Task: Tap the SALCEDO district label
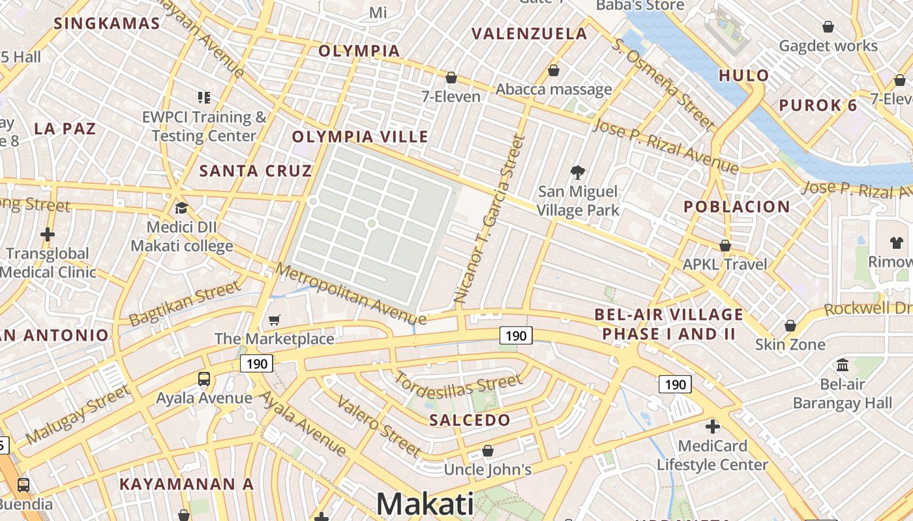(470, 420)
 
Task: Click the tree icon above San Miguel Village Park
(577, 173)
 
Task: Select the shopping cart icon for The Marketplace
(275, 320)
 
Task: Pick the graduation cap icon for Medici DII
(181, 208)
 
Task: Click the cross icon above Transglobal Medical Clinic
(48, 234)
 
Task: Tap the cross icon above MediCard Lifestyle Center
(713, 427)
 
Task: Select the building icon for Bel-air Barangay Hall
(843, 365)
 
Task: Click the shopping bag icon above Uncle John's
(488, 451)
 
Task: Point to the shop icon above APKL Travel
(725, 246)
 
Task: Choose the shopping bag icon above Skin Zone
(790, 325)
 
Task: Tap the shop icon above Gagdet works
(828, 27)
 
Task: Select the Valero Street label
(379, 425)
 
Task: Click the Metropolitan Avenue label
(351, 294)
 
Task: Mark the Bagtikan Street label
(185, 304)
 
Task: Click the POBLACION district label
(737, 207)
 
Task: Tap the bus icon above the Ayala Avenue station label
(204, 378)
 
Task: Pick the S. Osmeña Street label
(663, 83)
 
